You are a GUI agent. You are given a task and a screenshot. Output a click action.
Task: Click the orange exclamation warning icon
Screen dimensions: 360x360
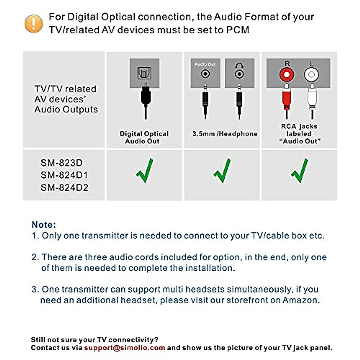coord(34,23)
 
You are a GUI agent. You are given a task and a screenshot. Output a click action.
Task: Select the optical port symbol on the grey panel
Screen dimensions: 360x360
coord(144,73)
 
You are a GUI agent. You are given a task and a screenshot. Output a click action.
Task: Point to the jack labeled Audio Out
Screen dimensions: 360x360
coord(205,73)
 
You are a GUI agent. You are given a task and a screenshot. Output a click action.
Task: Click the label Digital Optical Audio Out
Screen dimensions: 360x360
coord(144,137)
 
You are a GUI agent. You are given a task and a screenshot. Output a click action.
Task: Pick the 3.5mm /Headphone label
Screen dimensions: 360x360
coord(225,134)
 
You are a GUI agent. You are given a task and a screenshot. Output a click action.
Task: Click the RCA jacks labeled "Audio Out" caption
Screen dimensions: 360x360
coord(299,134)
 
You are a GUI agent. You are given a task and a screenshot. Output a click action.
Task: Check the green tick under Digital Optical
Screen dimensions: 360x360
coord(145,171)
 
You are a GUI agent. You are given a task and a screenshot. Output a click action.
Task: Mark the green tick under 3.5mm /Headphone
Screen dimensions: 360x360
coord(222,171)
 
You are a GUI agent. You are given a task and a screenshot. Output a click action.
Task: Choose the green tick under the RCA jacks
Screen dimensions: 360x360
coord(299,171)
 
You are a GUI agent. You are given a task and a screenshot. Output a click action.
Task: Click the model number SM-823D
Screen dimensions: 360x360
coord(61,163)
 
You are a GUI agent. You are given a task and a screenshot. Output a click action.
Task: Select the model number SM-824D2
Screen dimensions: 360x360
coord(64,188)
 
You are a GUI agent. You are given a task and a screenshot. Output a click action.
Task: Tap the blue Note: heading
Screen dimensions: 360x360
coord(44,225)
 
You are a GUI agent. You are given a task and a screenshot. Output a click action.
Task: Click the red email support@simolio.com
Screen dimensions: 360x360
coord(124,348)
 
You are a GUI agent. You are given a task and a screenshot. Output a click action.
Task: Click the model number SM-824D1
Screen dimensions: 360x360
coord(64,175)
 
